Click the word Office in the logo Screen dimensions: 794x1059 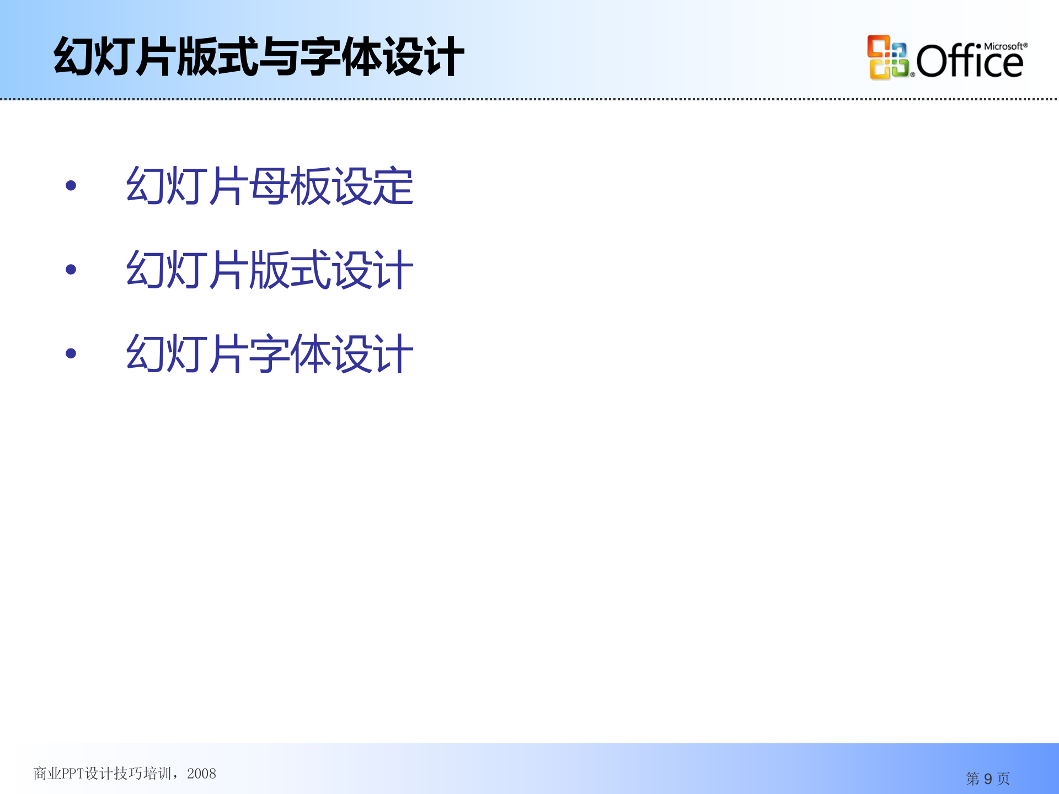(970, 62)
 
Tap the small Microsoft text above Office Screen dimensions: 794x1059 (1004, 47)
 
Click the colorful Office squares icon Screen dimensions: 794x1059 (887, 57)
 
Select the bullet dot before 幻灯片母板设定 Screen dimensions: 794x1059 (71, 186)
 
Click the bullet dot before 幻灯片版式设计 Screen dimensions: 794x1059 (71, 270)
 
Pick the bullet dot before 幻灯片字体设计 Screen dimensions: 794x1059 (71, 353)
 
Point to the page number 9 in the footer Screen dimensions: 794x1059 (988, 779)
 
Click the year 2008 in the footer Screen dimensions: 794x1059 (201, 774)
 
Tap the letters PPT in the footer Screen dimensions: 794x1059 (72, 774)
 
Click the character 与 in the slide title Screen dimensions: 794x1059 (279, 57)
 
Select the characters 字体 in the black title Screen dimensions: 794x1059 (341, 57)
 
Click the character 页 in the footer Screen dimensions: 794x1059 (1003, 779)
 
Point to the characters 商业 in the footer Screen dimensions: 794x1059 (47, 774)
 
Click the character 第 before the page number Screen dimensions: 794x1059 (972, 779)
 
